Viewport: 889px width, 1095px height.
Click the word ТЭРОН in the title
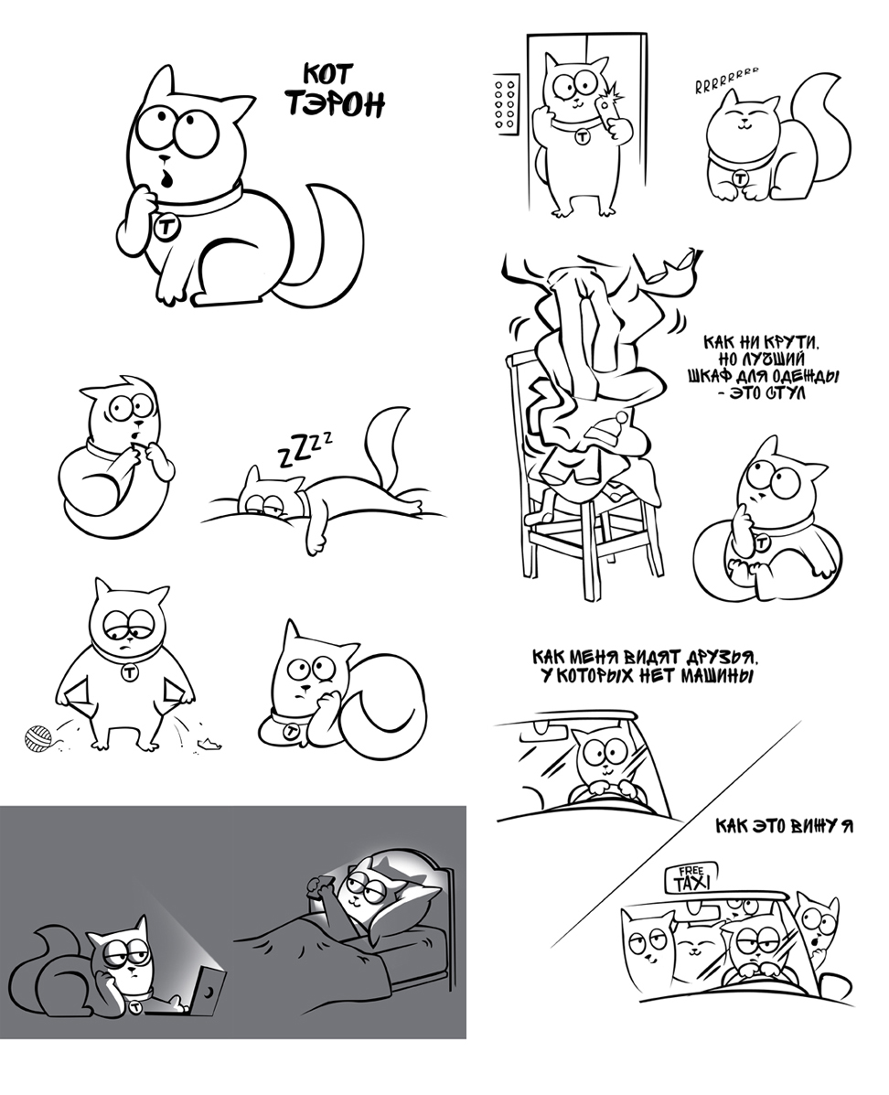tap(335, 103)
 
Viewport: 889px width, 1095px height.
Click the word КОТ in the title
tap(328, 72)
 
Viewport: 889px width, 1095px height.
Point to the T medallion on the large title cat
tap(166, 228)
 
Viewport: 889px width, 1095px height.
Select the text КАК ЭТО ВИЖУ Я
tap(783, 826)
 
